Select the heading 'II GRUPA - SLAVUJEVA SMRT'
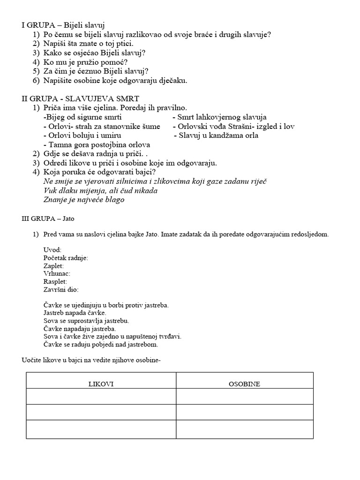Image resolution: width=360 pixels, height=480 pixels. (x=80, y=99)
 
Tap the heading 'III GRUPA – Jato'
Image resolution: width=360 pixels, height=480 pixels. (x=48, y=218)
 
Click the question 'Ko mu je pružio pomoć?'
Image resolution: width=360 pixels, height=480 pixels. (x=86, y=62)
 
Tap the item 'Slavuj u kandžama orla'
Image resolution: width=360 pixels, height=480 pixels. (x=216, y=136)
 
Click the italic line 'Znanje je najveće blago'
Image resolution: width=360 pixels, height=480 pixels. (x=84, y=200)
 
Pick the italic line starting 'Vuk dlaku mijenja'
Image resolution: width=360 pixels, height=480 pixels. (x=100, y=191)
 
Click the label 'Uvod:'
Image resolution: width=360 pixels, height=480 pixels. (x=52, y=250)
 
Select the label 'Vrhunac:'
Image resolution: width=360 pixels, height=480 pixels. (x=56, y=274)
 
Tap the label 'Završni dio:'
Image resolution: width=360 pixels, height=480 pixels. (x=60, y=290)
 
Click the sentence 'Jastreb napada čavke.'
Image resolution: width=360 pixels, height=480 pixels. (x=75, y=313)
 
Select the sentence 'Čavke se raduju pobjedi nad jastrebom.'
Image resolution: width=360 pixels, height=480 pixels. (x=100, y=345)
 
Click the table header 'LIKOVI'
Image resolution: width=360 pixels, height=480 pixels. (x=101, y=384)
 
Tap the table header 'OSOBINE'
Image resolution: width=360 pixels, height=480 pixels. (x=244, y=384)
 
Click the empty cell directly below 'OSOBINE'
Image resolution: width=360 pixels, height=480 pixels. (x=244, y=397)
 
